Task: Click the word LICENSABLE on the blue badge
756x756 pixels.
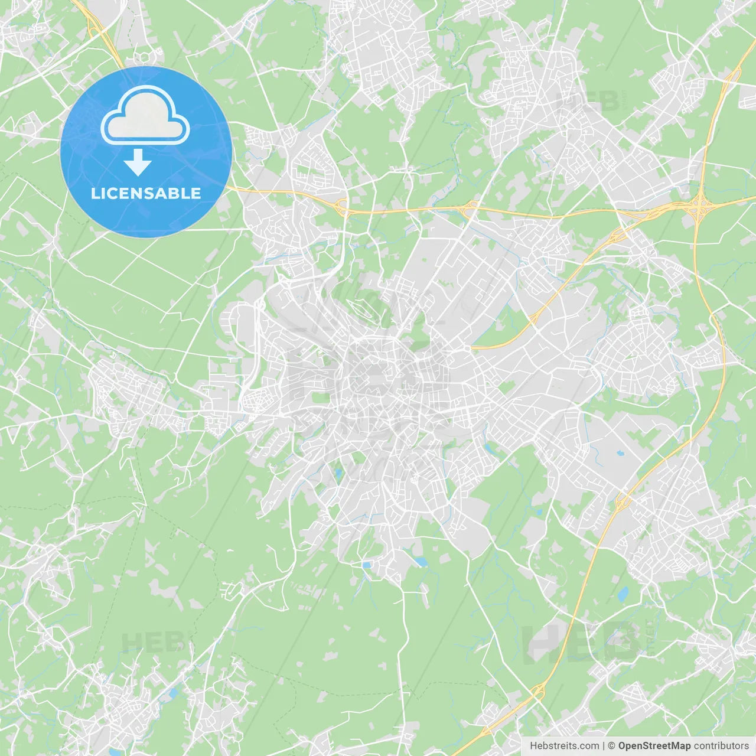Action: coord(146,193)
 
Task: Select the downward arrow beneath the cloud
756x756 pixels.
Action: coord(138,163)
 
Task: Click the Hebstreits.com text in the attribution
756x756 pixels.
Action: coord(564,746)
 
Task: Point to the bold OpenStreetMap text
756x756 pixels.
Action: coord(654,746)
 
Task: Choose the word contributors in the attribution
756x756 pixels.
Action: coord(721,746)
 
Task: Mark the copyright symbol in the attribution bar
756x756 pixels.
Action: coord(612,746)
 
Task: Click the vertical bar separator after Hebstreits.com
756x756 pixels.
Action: coord(604,746)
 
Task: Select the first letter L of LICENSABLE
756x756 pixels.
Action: coord(95,193)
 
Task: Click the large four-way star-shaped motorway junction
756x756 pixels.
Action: coord(700,205)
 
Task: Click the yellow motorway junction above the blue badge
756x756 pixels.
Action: coord(94,25)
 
